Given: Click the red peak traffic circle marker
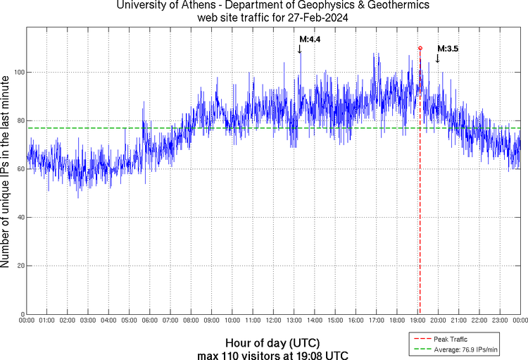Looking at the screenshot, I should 420,48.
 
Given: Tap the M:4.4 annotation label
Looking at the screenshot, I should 310,40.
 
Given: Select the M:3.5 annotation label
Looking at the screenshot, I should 448,49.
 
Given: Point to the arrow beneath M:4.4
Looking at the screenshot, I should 299,49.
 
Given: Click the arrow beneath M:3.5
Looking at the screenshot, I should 437,58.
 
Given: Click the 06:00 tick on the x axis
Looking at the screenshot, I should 150,321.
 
